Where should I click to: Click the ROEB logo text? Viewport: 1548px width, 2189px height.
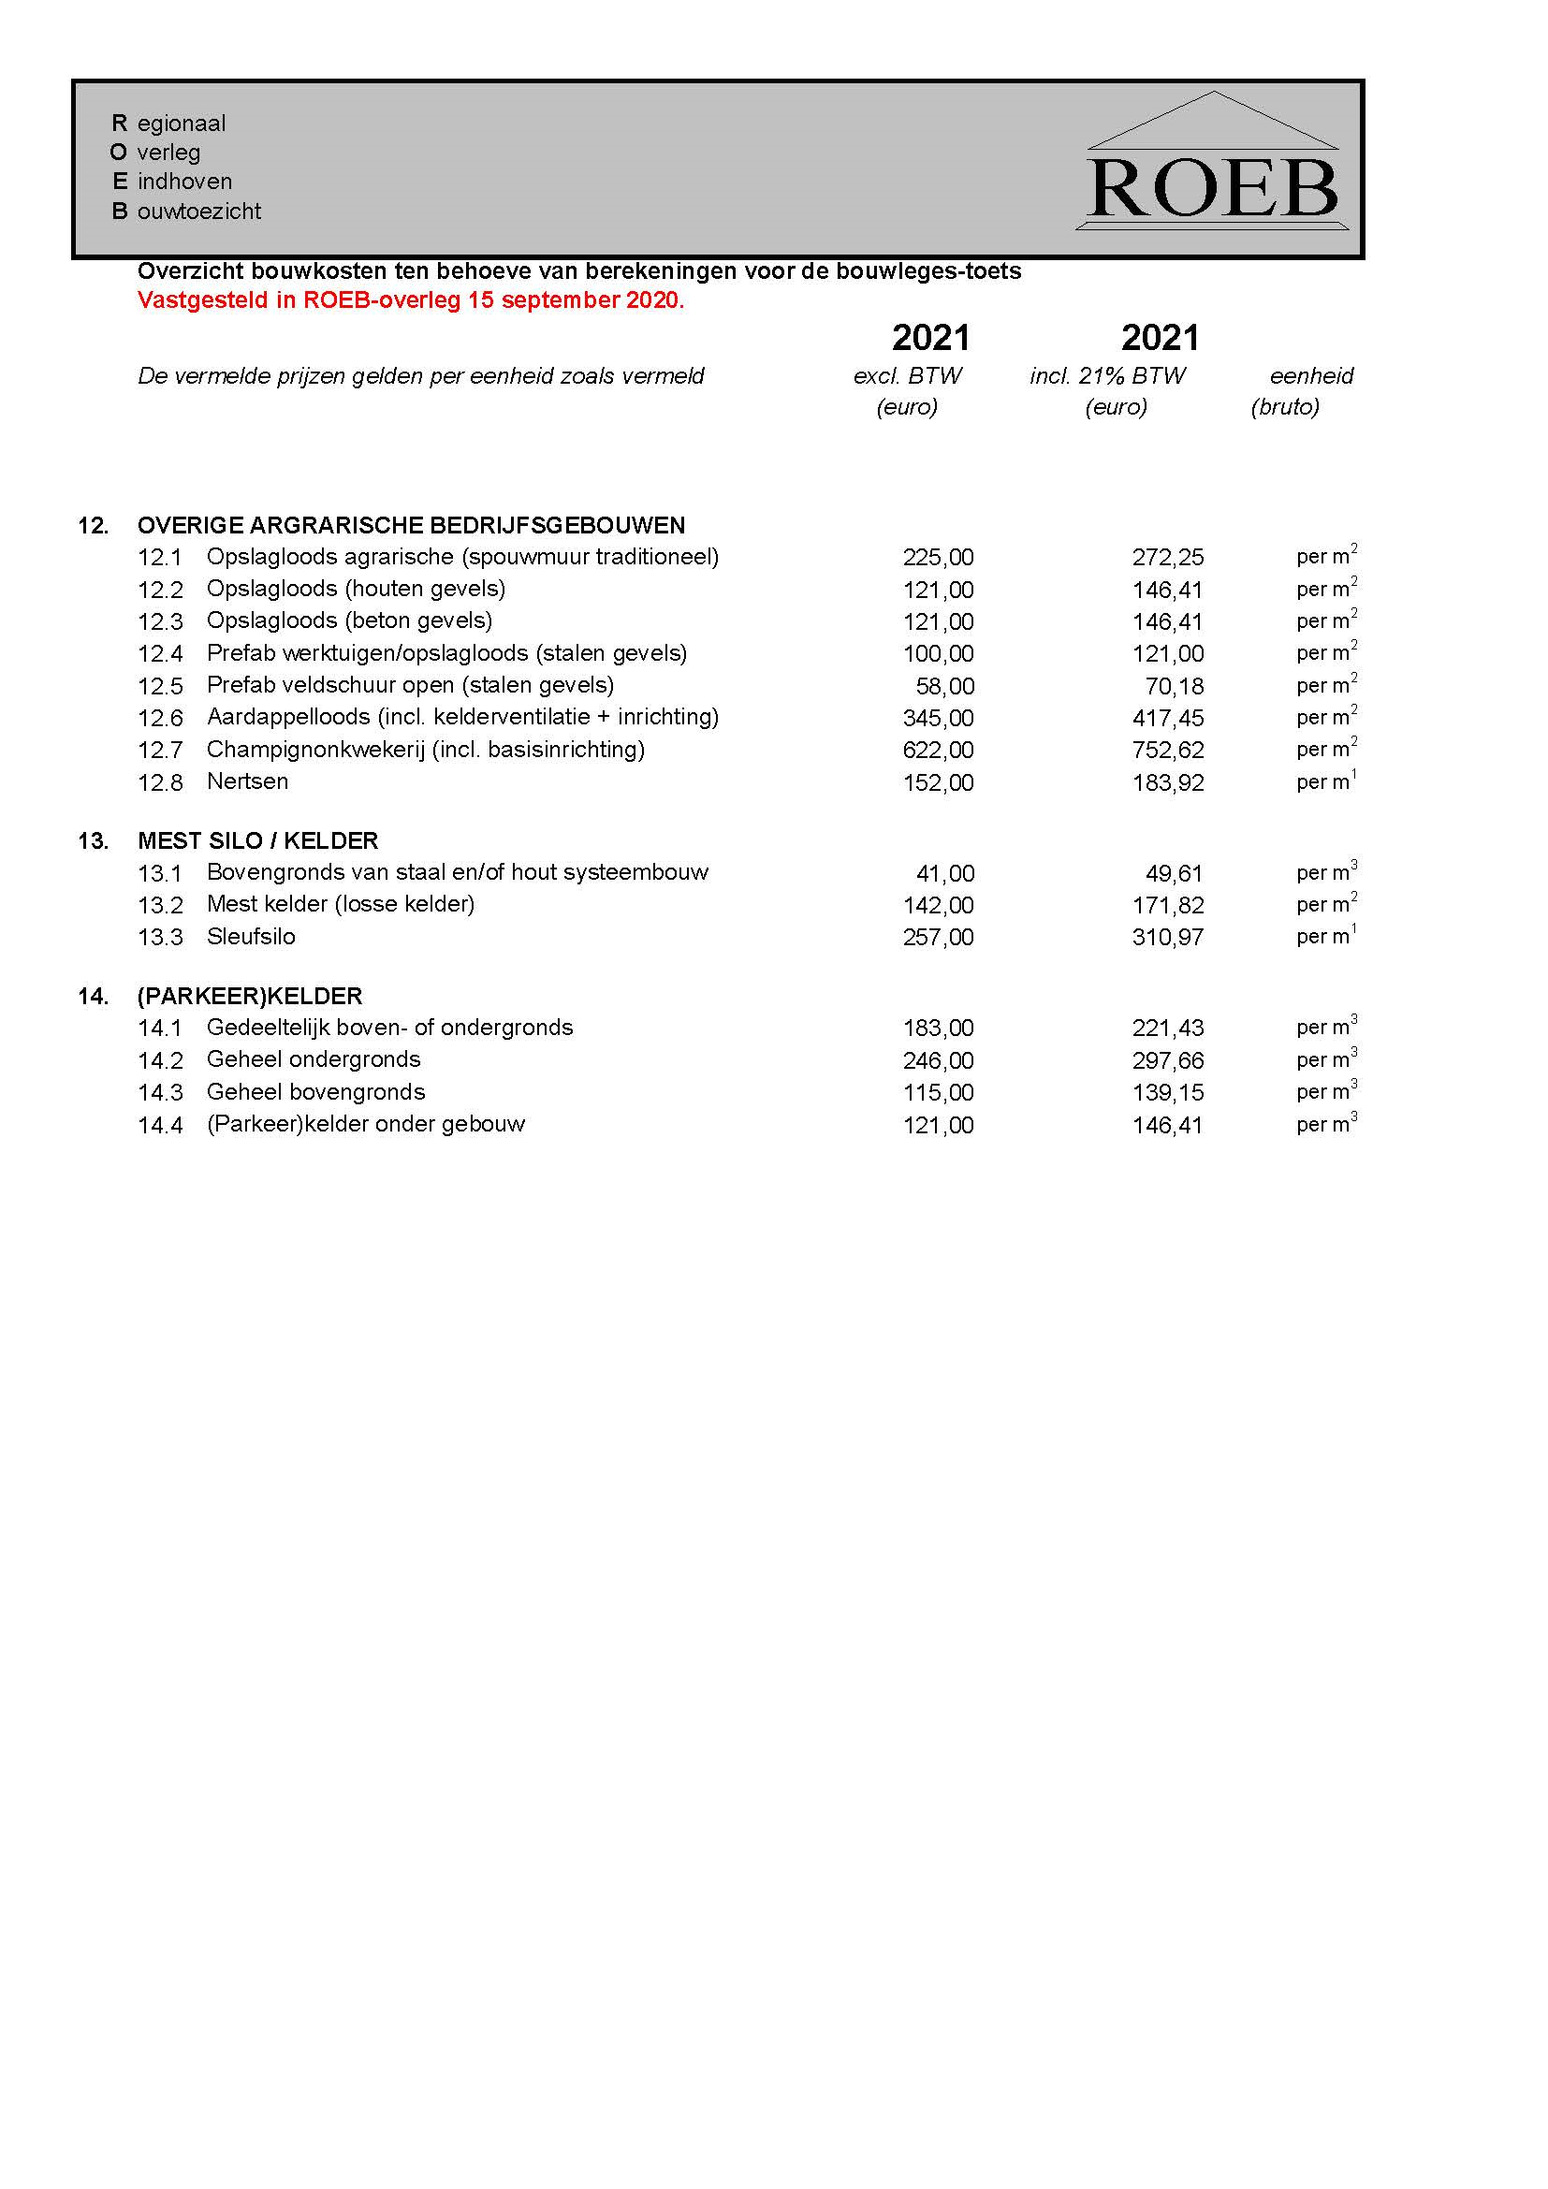(x=1212, y=189)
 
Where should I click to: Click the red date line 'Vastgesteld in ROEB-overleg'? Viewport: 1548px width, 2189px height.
(x=411, y=300)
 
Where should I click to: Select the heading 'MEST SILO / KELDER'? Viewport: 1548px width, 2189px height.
(x=257, y=841)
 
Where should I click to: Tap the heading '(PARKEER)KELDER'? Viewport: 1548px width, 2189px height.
(x=250, y=997)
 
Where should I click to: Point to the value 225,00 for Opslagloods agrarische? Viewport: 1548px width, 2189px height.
(x=938, y=558)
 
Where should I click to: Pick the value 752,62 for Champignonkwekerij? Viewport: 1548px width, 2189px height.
(x=1168, y=751)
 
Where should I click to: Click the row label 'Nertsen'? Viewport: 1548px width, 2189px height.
(x=247, y=781)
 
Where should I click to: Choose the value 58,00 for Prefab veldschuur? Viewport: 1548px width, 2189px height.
(x=944, y=686)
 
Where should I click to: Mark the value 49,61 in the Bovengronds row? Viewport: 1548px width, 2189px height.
(x=1175, y=873)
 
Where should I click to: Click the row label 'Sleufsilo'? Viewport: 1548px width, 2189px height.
(x=251, y=937)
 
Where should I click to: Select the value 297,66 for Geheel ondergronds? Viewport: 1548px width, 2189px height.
(x=1168, y=1061)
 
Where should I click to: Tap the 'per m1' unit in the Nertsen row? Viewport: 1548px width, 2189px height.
(x=1325, y=782)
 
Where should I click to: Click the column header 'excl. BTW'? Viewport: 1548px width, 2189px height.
(x=908, y=375)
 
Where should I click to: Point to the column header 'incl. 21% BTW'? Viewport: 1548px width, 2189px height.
(x=1107, y=375)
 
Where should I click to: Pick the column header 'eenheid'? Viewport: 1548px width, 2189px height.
(x=1311, y=375)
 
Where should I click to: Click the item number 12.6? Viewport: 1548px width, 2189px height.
(x=160, y=718)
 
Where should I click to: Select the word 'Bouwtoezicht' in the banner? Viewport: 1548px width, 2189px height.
(x=187, y=212)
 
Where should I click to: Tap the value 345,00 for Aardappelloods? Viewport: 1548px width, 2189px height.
(x=938, y=718)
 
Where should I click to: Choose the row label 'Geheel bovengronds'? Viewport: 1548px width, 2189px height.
(x=315, y=1092)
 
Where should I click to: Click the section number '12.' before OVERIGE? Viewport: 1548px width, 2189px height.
(x=94, y=526)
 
